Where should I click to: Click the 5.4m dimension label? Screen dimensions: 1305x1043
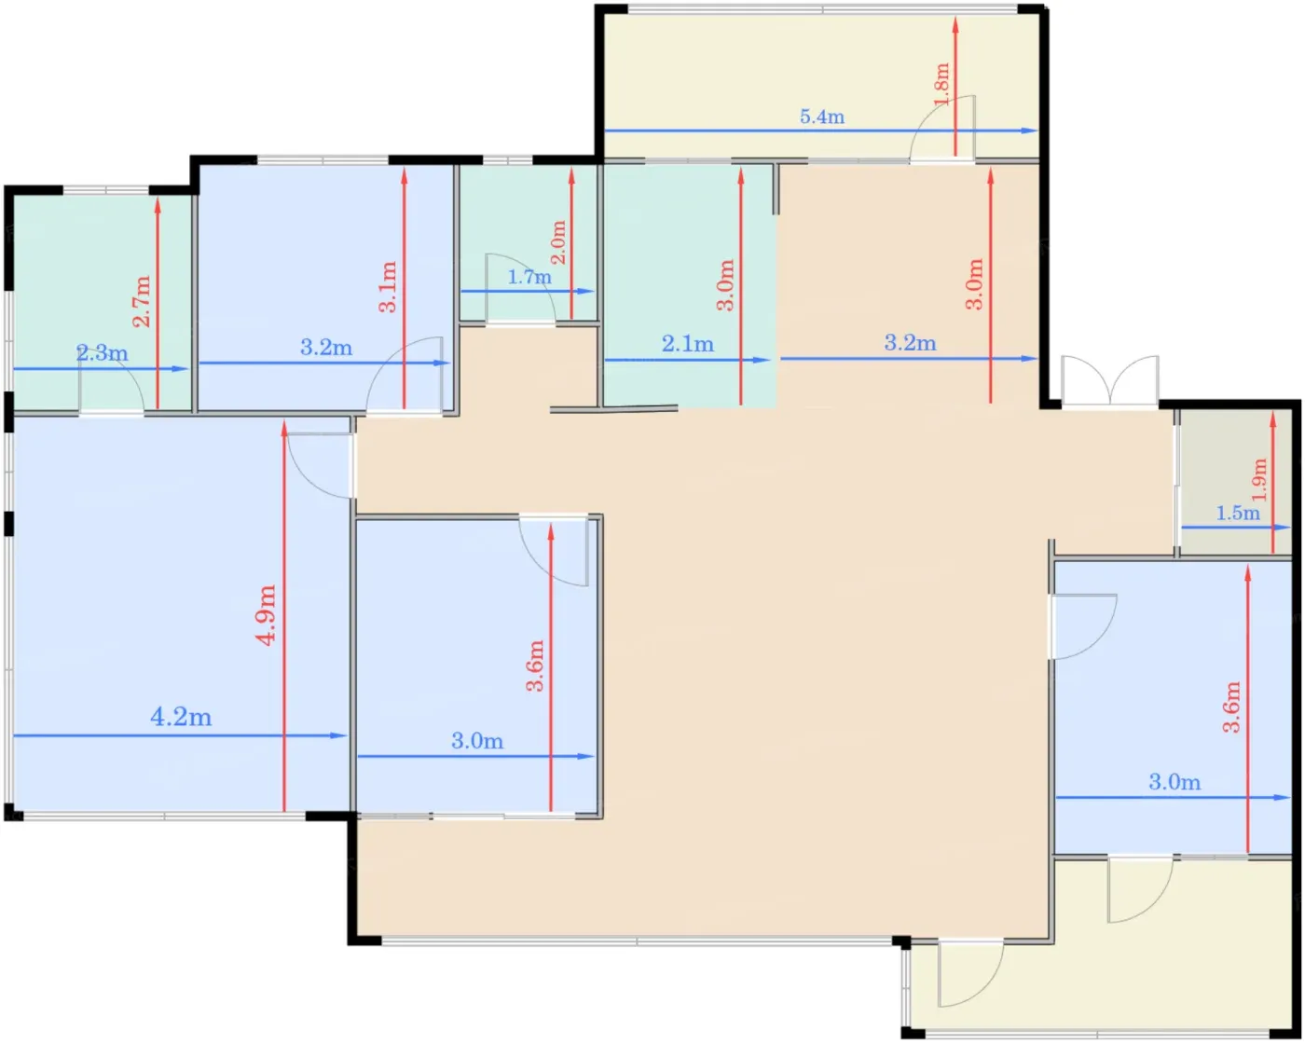pos(822,117)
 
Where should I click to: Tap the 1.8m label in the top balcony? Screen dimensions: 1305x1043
pos(941,84)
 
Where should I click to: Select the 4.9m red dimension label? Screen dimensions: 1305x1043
pos(267,615)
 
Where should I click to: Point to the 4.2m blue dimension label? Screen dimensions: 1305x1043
pos(181,718)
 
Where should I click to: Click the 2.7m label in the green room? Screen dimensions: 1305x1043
pos(142,301)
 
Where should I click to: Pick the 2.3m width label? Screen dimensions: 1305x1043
pos(102,352)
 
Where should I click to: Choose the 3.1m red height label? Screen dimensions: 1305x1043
pos(388,287)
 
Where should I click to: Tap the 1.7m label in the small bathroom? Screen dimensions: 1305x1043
pos(529,277)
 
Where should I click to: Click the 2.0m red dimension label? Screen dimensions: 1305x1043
pos(558,242)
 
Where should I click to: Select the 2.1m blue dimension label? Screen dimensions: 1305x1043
pos(688,344)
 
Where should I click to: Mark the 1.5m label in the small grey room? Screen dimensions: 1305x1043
pos(1238,514)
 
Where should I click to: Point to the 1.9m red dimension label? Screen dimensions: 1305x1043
pos(1260,479)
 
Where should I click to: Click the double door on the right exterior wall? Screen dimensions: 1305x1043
pos(1110,381)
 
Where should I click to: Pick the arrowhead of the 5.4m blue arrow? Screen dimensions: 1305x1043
pos(1030,130)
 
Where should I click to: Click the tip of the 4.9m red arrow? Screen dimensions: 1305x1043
pos(283,423)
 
